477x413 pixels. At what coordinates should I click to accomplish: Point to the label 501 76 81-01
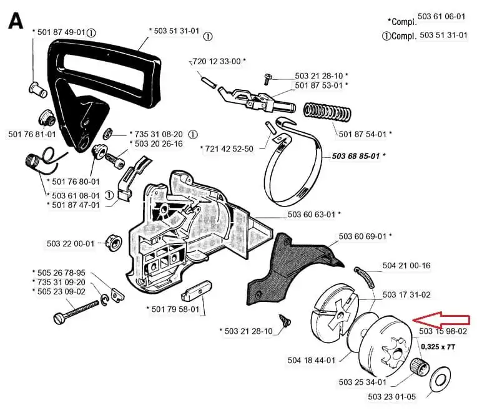[x=32, y=134]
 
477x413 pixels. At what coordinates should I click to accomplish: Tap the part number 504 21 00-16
[x=406, y=265]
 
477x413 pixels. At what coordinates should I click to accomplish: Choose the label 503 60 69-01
[x=365, y=236]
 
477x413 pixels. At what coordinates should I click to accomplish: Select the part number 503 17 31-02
[x=406, y=294]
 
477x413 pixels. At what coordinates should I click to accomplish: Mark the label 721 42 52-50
[x=227, y=148]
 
